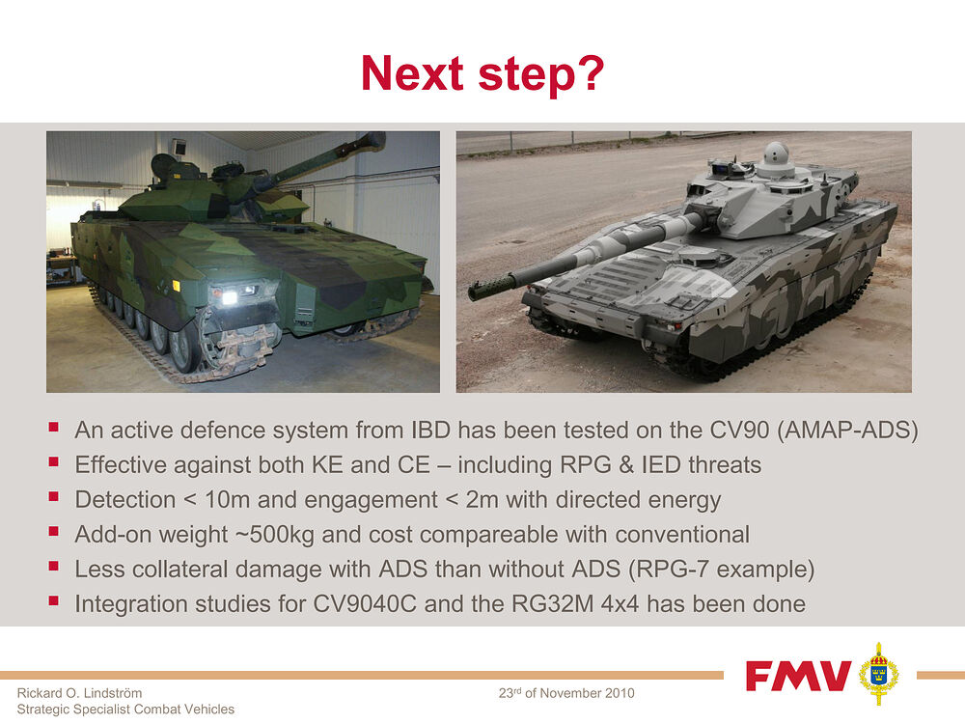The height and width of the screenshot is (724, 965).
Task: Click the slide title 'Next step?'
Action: pos(482,73)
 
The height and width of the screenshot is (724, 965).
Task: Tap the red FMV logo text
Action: pos(798,675)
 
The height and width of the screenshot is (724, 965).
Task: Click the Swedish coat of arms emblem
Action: pos(878,673)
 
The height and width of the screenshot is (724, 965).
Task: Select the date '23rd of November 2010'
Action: pos(566,694)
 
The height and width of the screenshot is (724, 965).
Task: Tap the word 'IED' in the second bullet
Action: pos(660,465)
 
